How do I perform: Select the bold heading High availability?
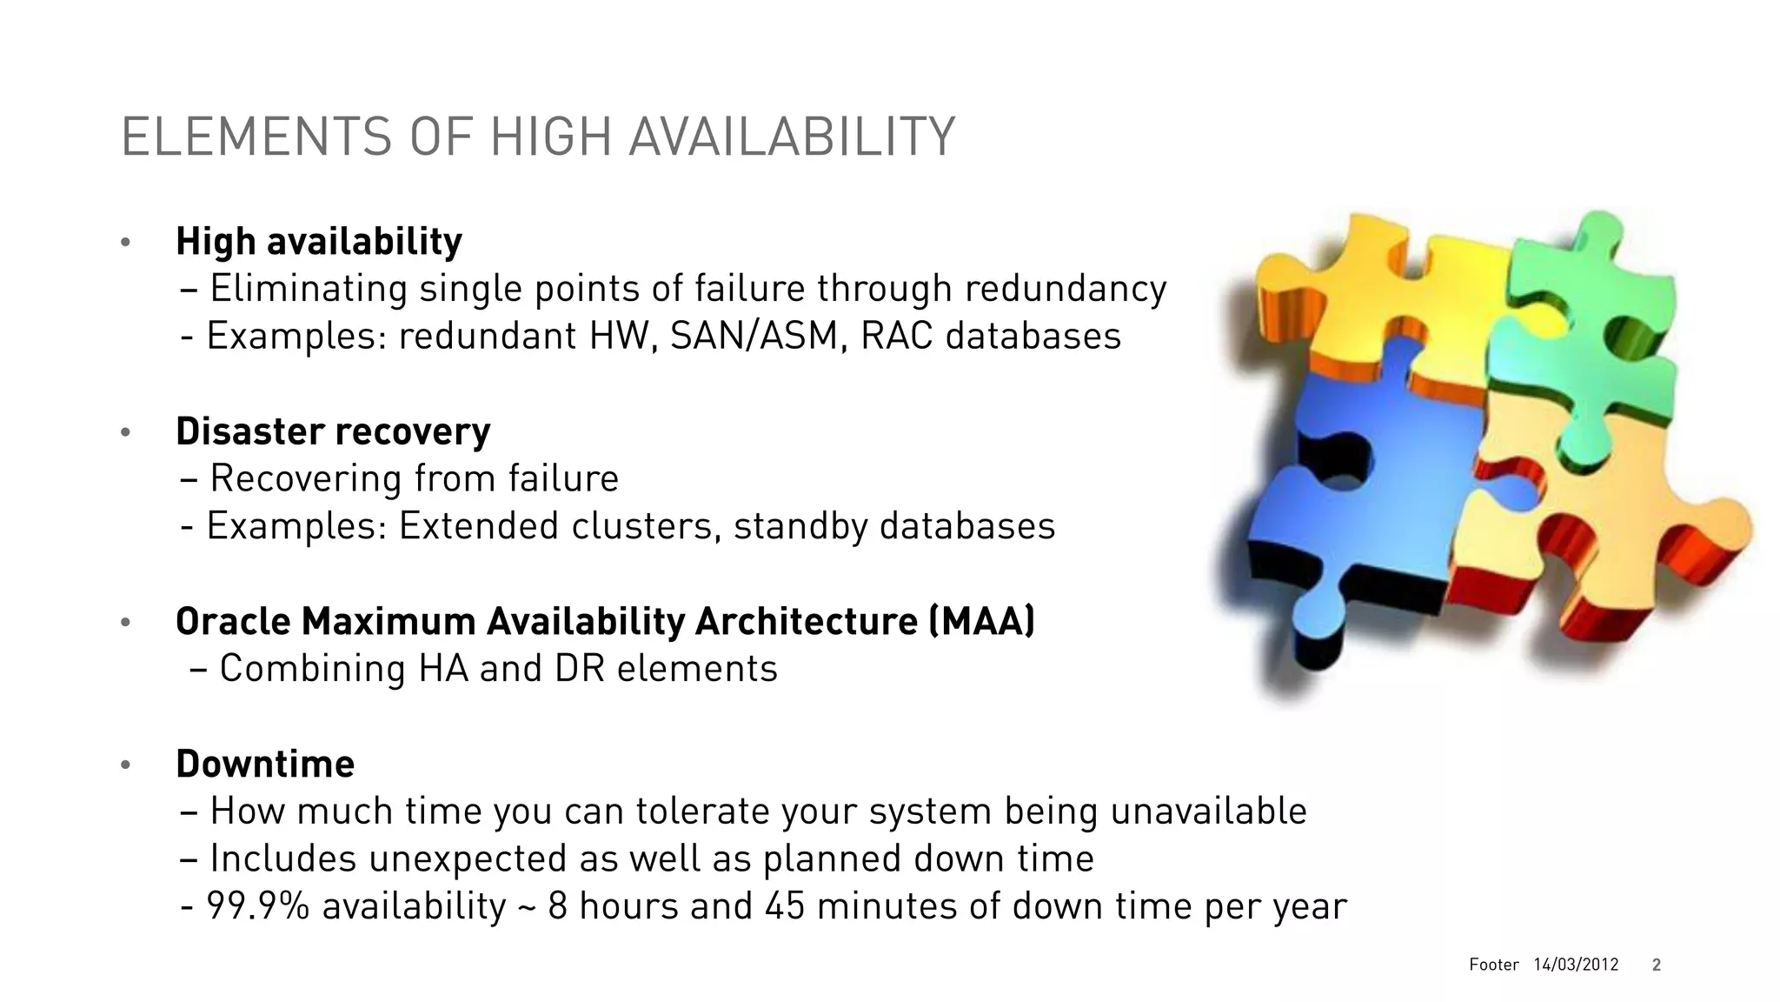point(318,242)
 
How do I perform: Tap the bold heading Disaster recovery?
point(333,431)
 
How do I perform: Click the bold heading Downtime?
point(265,765)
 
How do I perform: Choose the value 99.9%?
point(257,906)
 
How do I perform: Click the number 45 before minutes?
point(785,906)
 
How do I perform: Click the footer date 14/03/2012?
point(1576,965)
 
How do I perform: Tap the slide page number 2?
point(1657,965)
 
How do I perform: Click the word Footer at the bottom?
point(1494,965)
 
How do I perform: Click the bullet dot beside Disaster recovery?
point(125,432)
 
